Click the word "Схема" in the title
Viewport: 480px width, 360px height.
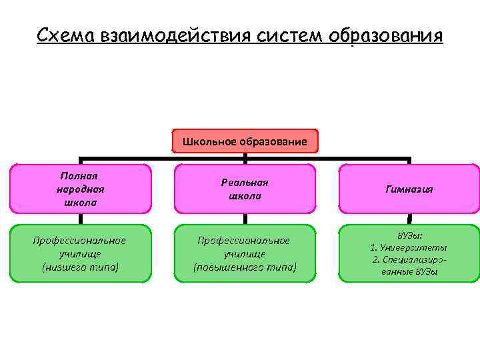(65, 34)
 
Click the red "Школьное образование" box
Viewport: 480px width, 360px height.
(245, 141)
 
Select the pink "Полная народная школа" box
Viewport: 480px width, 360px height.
(81, 189)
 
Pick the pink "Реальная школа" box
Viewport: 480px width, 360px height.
(245, 189)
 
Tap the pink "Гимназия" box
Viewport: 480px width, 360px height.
(409, 189)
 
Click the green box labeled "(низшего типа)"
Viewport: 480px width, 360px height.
(81, 253)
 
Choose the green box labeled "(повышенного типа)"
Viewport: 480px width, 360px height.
(245, 253)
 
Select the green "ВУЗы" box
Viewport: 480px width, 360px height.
(409, 253)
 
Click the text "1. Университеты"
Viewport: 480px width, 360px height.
(409, 248)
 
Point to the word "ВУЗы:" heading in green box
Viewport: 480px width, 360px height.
(409, 236)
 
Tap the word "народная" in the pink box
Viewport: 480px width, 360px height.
(80, 189)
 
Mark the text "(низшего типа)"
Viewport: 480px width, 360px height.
(80, 267)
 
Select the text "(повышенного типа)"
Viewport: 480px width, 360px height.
(245, 267)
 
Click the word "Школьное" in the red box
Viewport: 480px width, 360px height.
(212, 141)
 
